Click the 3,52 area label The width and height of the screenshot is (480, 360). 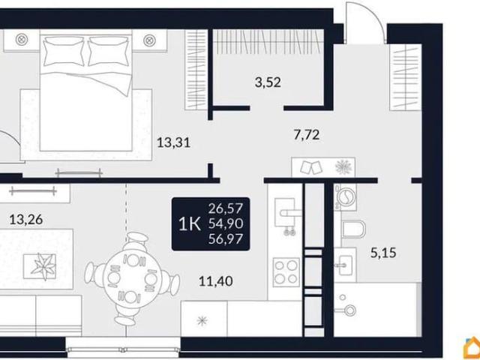point(268,82)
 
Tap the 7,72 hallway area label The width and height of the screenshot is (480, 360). point(307,135)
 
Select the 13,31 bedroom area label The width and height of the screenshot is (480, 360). point(173,142)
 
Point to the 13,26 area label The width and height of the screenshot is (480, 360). point(26,220)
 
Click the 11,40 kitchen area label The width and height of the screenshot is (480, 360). point(216,280)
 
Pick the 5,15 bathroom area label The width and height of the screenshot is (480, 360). point(383,253)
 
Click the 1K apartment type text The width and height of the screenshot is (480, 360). point(190,224)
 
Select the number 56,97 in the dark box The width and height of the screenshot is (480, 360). point(226,238)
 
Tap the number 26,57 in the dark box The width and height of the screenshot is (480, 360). point(226,208)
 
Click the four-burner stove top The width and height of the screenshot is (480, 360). point(286,272)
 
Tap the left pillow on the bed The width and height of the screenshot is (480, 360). point(64,52)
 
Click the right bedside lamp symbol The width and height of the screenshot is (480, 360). point(149,40)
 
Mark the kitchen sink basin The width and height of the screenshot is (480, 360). point(284,212)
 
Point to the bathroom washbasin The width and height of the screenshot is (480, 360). point(346,265)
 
